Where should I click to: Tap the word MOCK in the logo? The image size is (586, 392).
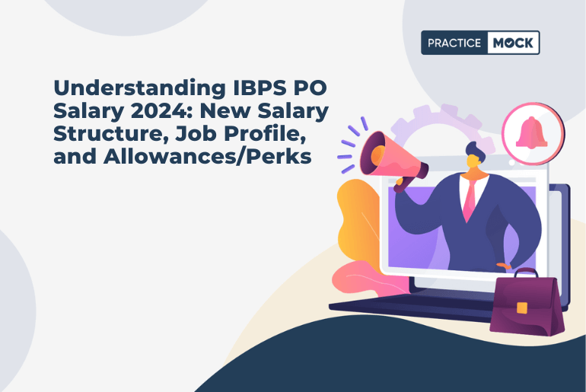click(512, 43)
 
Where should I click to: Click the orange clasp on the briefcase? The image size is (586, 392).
click(522, 308)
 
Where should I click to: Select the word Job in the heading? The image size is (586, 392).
click(212, 134)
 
